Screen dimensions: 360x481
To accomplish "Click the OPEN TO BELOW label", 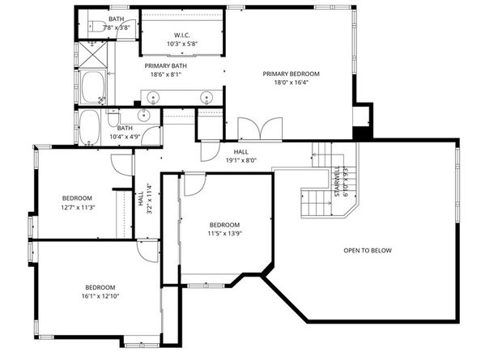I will pos(367,251).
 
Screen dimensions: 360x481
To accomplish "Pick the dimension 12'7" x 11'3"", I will pos(77,207).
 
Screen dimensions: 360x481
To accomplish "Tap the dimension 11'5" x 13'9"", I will pos(223,234).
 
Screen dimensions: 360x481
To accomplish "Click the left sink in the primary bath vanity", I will pos(155,96).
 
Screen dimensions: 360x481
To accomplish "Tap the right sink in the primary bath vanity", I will pos(207,96).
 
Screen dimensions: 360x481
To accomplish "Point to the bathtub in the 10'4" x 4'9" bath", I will pos(89,127).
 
